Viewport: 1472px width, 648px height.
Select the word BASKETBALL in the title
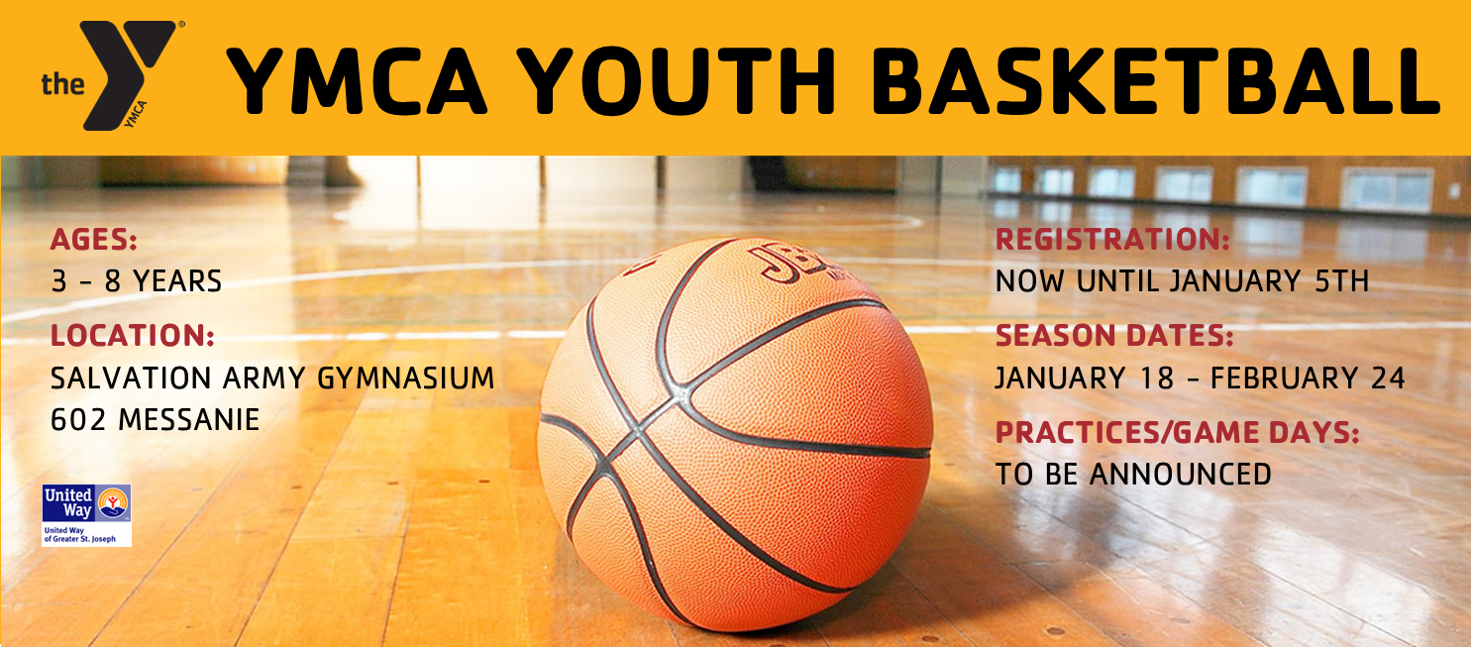[1155, 81]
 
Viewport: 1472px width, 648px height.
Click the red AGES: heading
[94, 240]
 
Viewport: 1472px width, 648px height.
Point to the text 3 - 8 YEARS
[137, 281]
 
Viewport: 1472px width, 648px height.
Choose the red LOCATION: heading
[133, 336]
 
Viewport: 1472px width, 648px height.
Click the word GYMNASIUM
[405, 378]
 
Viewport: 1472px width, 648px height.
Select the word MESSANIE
[189, 420]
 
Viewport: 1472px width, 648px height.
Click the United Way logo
[87, 515]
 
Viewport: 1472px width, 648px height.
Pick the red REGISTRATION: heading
[1112, 239]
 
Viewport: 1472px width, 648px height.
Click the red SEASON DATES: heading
[1114, 336]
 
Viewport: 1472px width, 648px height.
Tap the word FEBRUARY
[1285, 378]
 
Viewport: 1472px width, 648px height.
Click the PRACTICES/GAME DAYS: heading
[1178, 432]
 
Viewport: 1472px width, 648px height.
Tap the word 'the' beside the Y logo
[63, 84]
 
